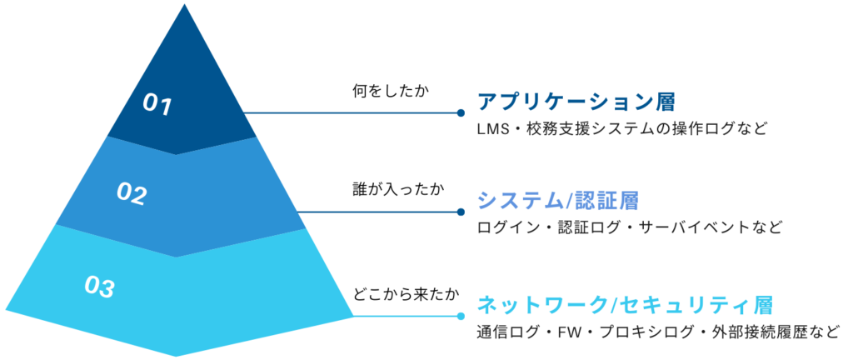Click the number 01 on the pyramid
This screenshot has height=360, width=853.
(157, 104)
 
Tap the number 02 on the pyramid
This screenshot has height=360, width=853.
(131, 194)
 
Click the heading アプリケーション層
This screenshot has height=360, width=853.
(575, 102)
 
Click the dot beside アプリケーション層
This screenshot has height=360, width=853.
(460, 112)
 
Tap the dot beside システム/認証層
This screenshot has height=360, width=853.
(460, 212)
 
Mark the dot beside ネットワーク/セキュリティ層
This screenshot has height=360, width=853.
(460, 316)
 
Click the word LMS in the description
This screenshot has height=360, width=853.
(491, 130)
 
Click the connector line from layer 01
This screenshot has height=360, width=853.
(350, 112)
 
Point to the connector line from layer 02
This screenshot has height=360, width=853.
(379, 212)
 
